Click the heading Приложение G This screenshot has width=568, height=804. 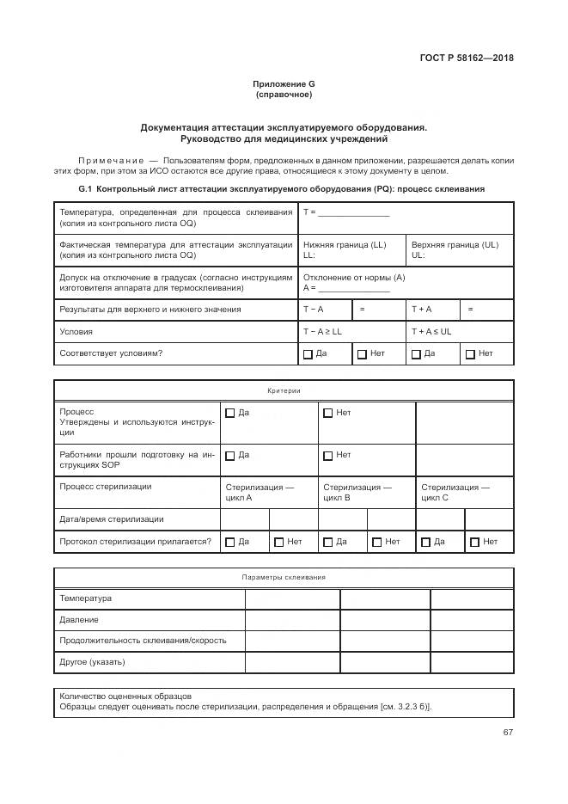pos(284,83)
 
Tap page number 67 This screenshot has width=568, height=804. pos(508,732)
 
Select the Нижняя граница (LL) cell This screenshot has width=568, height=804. pos(351,249)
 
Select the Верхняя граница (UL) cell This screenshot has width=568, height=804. pos(460,249)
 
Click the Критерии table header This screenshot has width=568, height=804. pos(284,390)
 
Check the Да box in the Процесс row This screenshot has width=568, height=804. pos(229,414)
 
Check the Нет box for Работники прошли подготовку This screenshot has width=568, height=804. pos(327,456)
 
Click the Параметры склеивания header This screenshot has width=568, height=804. pos(284,578)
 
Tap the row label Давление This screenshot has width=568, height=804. pos(79,619)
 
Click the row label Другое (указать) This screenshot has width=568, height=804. pos(92,661)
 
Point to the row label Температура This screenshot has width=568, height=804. pos(85,598)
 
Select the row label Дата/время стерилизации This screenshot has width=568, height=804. pos(112,519)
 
